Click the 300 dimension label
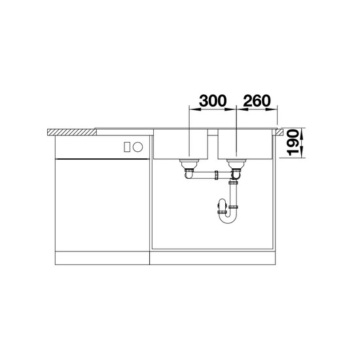[x=213, y=101]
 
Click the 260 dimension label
[x=257, y=101]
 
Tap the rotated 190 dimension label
[x=293, y=143]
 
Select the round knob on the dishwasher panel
[x=138, y=147]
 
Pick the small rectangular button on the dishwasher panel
[x=127, y=147]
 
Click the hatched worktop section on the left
[x=72, y=132]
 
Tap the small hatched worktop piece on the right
[x=280, y=132]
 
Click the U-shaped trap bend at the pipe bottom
[x=227, y=218]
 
